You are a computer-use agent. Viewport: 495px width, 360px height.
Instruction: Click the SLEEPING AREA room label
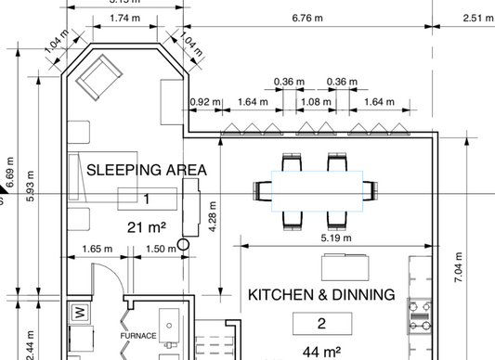(147, 170)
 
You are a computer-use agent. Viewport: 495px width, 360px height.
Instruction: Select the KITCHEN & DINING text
(321, 294)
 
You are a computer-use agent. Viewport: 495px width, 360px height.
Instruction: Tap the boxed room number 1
(147, 198)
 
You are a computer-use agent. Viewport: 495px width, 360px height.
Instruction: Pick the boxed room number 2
(321, 324)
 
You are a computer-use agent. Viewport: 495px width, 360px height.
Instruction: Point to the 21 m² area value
(147, 226)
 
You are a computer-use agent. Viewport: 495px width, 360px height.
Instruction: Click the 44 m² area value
(321, 352)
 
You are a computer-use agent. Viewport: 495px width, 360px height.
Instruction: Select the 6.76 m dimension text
(307, 17)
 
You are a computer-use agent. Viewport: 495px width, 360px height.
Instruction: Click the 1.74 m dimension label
(119, 17)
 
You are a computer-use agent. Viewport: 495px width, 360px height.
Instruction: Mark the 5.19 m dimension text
(335, 238)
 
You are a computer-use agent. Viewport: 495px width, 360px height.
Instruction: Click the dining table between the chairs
(316, 191)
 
